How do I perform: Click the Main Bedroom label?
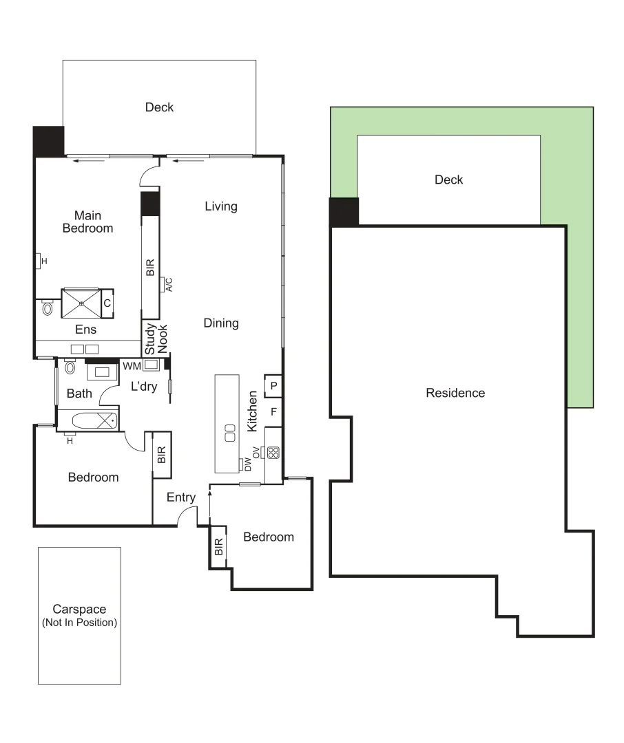(87, 222)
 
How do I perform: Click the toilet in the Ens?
(48, 308)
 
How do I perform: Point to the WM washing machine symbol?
(151, 365)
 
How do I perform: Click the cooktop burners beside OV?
(273, 453)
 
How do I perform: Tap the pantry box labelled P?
(273, 387)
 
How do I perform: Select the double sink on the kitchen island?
(227, 433)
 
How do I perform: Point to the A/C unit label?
(167, 284)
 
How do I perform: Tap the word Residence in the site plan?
(455, 394)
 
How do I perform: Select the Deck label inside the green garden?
(448, 180)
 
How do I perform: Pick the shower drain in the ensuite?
(81, 303)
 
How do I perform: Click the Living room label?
(221, 206)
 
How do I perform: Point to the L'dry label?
(144, 387)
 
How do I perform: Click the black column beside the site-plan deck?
(344, 212)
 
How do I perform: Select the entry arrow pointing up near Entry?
(209, 508)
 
